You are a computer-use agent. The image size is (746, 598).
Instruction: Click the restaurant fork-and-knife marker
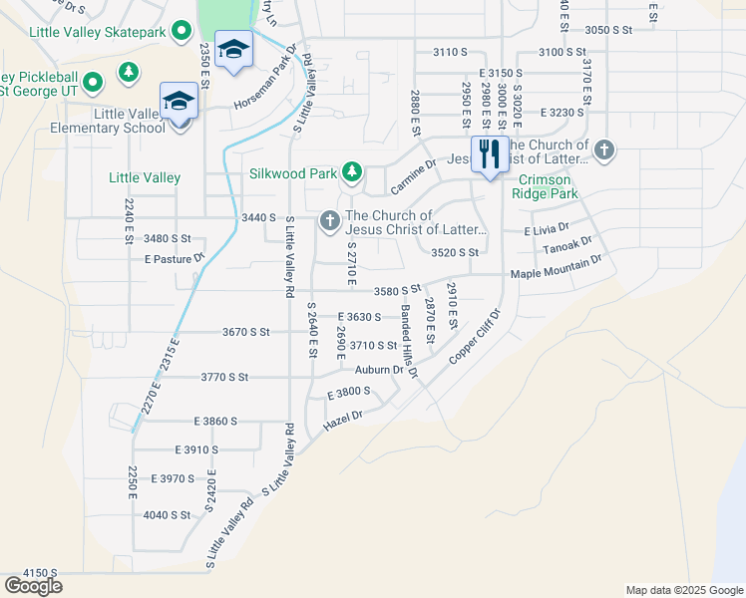[x=490, y=154]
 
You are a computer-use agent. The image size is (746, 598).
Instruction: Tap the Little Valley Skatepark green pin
[x=181, y=31]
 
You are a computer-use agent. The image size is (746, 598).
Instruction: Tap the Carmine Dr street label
[x=413, y=176]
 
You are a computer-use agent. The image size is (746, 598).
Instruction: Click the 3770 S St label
[x=222, y=377]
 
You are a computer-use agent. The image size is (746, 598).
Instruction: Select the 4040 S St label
[x=167, y=514]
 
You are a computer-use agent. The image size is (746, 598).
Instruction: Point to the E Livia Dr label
[x=547, y=230]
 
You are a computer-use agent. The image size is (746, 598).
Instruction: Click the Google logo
[x=33, y=585]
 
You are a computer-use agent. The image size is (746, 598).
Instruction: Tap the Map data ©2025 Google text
[x=683, y=590]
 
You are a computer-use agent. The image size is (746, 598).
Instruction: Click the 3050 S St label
[x=609, y=30]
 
